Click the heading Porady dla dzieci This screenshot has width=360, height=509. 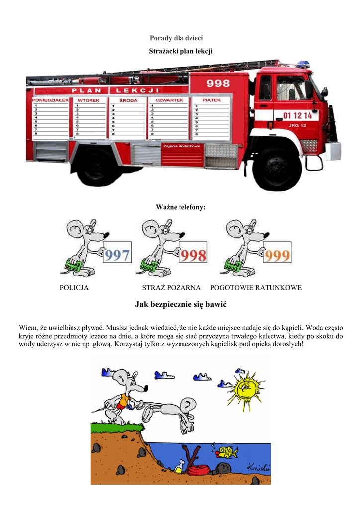177,38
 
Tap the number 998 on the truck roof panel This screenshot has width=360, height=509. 218,83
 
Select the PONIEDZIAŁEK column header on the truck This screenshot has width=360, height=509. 50,100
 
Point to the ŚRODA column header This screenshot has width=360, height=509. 128,100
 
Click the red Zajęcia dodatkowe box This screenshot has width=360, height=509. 182,146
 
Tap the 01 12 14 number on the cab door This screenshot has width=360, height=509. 297,115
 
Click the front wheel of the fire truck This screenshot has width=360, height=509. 277,169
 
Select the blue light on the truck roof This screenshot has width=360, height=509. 303,64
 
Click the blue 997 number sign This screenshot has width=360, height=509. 117,255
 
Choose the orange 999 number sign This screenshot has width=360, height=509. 276,255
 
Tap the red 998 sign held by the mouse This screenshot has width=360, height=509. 193,255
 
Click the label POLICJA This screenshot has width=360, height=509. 74,288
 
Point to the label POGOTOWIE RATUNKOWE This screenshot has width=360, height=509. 256,288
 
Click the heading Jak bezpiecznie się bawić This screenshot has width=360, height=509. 180,304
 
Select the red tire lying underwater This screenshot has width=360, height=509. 200,469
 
